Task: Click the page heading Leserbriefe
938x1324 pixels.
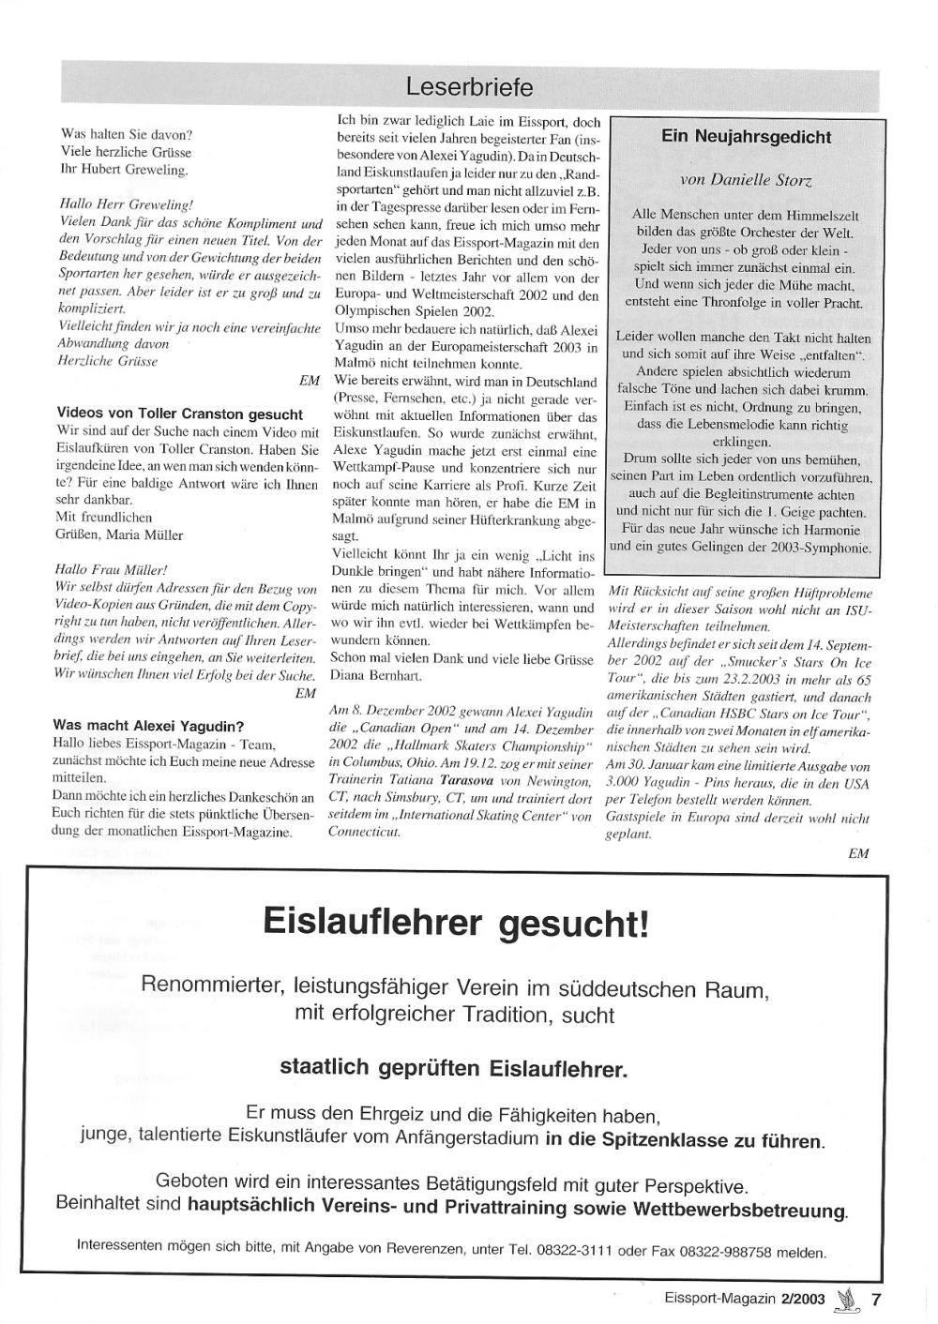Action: [x=469, y=87]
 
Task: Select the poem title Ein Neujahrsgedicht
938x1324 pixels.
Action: [x=746, y=137]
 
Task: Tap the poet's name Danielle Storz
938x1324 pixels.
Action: [x=746, y=179]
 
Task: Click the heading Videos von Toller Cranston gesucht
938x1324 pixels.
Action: [x=179, y=414]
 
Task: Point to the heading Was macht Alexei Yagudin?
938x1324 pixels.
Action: [x=148, y=725]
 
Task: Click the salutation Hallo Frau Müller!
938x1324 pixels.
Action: [x=112, y=569]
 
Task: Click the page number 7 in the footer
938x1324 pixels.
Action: [x=876, y=1300]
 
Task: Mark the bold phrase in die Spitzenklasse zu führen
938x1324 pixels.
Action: [x=685, y=1141]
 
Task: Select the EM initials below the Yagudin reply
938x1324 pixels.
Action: [x=857, y=853]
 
